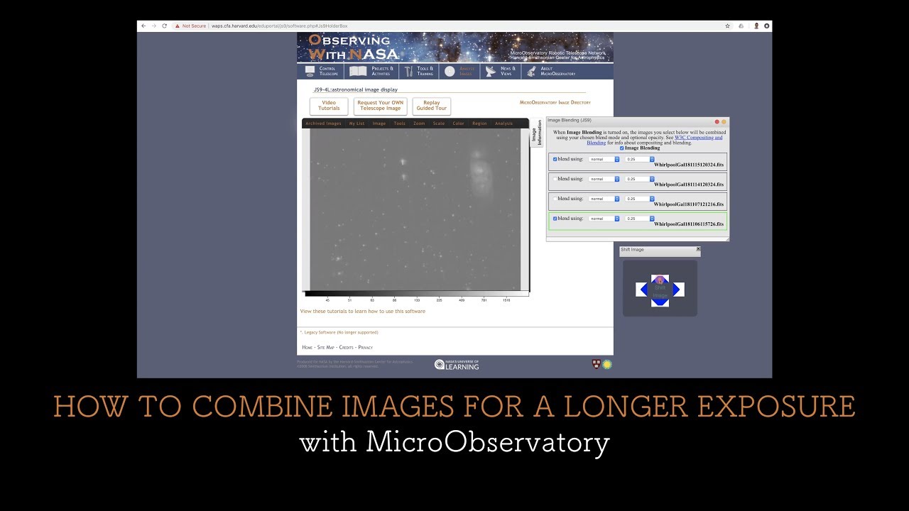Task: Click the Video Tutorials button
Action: tap(329, 106)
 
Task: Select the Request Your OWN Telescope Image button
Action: tap(381, 106)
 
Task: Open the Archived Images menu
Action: tap(323, 123)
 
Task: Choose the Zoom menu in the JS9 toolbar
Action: tap(419, 123)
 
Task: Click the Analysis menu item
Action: tap(504, 123)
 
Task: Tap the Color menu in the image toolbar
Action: tap(458, 123)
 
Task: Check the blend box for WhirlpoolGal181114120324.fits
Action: tap(555, 179)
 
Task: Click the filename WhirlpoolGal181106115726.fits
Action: tap(688, 224)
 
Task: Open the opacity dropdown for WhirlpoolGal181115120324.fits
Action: tap(639, 159)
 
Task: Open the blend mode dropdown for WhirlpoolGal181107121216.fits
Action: tap(604, 199)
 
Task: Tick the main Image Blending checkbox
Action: tap(622, 148)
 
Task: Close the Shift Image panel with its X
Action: tap(698, 249)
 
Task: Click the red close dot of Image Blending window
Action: tap(717, 121)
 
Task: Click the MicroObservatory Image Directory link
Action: tap(555, 103)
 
